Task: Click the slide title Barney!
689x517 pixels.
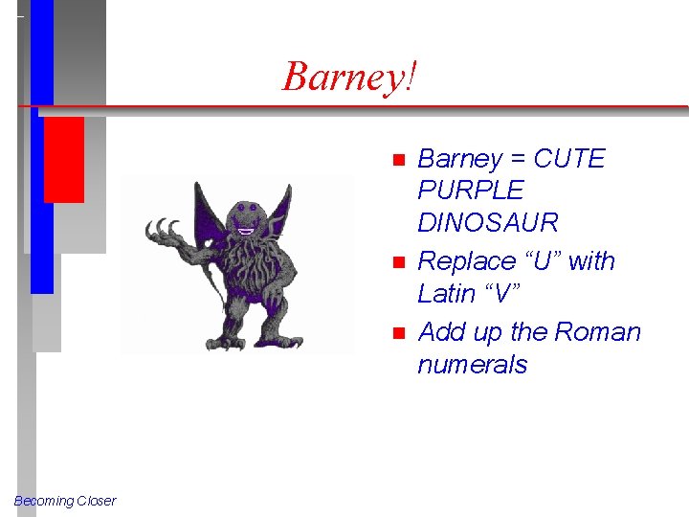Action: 350,76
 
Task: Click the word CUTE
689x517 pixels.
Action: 569,159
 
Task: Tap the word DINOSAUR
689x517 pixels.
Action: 487,223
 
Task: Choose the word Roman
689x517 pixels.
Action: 598,332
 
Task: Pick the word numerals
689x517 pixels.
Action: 472,365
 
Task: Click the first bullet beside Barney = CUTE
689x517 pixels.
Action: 399,159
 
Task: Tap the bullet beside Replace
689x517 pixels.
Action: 399,261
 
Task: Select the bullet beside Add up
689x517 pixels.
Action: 399,332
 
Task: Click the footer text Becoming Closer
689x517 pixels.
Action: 65,501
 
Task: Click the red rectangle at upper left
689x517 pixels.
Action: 64,159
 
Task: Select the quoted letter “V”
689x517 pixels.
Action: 500,294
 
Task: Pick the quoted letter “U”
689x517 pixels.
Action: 542,261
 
